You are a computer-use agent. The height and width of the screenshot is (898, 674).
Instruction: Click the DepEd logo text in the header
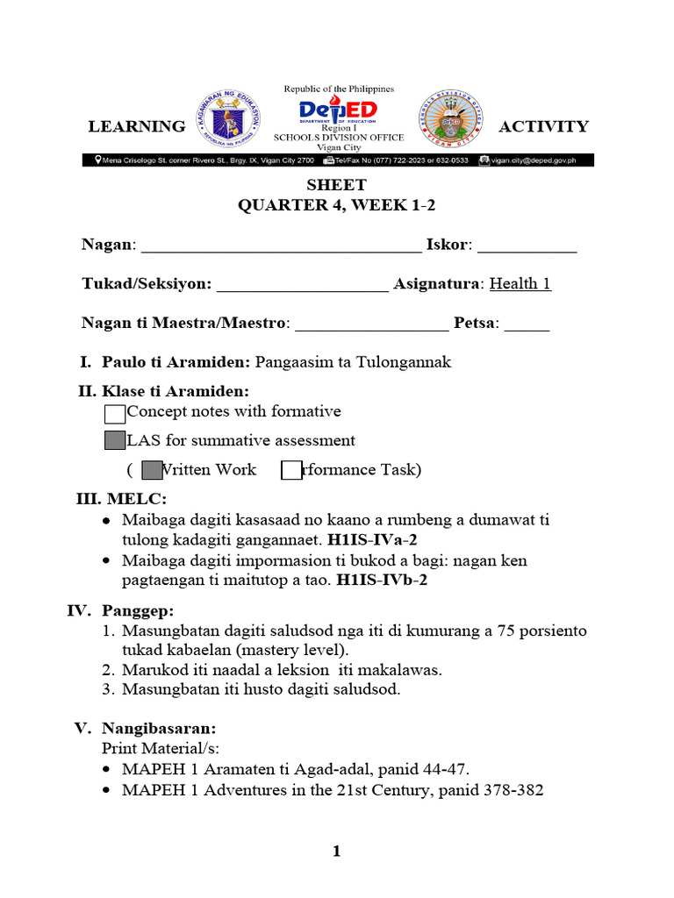(x=338, y=110)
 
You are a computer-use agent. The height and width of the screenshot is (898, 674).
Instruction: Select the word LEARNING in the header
(x=136, y=126)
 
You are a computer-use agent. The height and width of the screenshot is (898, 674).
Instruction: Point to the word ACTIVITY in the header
(x=543, y=126)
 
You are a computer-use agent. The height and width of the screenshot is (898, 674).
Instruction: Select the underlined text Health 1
(x=520, y=284)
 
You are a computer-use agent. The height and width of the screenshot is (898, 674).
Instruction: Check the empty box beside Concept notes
(x=114, y=413)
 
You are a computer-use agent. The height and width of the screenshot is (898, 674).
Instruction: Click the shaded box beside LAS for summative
(x=114, y=441)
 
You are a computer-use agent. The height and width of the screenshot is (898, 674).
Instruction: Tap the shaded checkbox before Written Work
(x=152, y=471)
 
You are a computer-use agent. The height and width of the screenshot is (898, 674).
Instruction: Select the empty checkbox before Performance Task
(x=291, y=471)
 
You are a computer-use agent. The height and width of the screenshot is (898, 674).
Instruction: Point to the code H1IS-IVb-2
(x=382, y=580)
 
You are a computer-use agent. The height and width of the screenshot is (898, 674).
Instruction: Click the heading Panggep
(x=137, y=609)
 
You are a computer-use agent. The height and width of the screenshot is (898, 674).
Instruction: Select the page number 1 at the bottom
(x=336, y=852)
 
